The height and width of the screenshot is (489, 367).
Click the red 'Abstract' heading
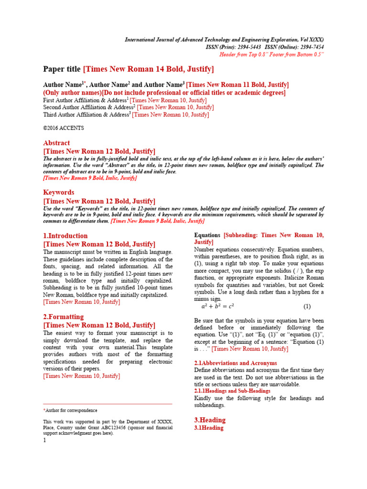[56, 143]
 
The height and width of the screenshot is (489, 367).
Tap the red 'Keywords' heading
[59, 192]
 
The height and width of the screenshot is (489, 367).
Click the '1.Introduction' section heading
[65, 235]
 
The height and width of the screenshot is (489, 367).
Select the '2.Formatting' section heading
[63, 317]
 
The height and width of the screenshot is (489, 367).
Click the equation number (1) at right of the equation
[307, 306]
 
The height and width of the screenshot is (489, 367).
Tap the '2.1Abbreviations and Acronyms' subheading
[236, 363]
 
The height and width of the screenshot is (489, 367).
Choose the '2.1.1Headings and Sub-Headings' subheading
[232, 391]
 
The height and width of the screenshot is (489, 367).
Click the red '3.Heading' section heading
[210, 420]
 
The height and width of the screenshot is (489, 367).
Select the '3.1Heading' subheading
[209, 428]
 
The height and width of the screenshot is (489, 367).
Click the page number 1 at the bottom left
[44, 440]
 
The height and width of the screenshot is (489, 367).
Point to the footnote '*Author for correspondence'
[70, 410]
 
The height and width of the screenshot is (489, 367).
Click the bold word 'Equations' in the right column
[207, 235]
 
